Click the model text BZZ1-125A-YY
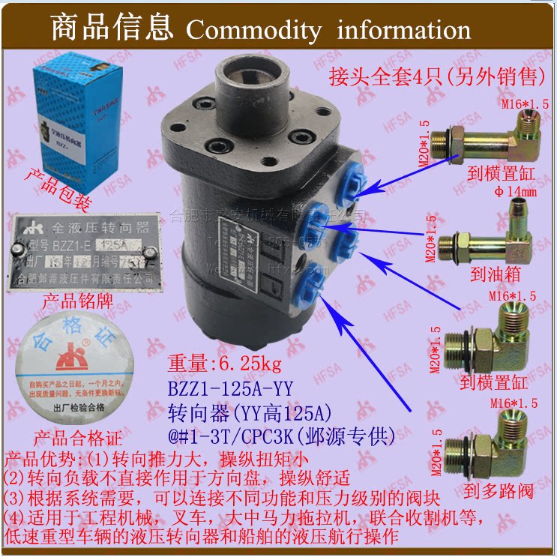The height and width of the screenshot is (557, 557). (230, 388)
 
